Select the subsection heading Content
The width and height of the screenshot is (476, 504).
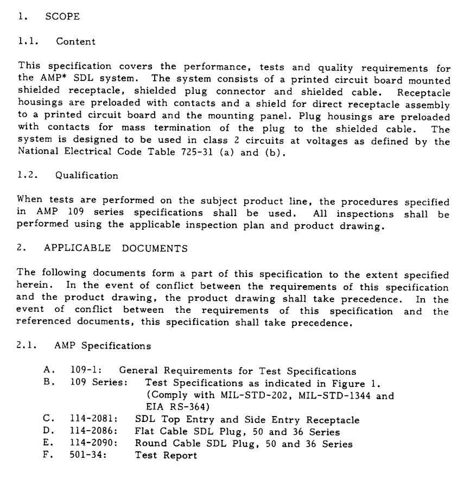click(x=80, y=42)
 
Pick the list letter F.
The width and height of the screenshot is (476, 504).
click(x=48, y=456)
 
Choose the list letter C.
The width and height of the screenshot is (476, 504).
click(x=48, y=420)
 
